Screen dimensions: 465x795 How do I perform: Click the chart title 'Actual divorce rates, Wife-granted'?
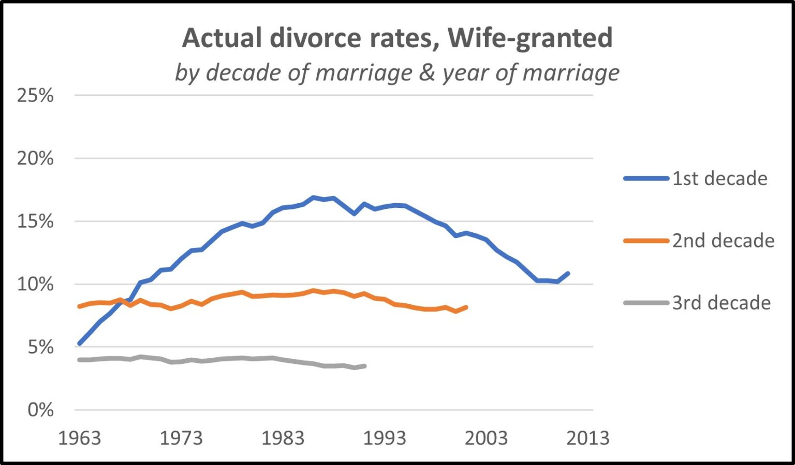pyautogui.click(x=397, y=38)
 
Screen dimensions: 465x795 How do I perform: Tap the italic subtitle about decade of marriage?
pyautogui.click(x=397, y=73)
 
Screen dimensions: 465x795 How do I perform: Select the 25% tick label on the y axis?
pyautogui.click(x=35, y=95)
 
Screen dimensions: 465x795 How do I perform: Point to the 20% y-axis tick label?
pyautogui.click(x=35, y=159)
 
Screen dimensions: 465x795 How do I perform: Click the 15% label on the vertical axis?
pyautogui.click(x=35, y=221)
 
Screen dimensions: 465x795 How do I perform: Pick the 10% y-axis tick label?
pyautogui.click(x=35, y=284)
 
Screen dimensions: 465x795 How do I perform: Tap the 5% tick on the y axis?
pyautogui.click(x=40, y=347)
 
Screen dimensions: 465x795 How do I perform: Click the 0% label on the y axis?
pyautogui.click(x=40, y=410)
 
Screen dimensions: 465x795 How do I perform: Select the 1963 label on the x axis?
pyautogui.click(x=79, y=439)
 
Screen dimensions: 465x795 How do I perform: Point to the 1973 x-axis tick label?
pyautogui.click(x=181, y=439)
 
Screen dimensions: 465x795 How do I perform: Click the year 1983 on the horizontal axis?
pyautogui.click(x=283, y=439)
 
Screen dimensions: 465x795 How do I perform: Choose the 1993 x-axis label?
pyautogui.click(x=384, y=439)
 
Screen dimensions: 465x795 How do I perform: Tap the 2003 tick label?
pyautogui.click(x=486, y=439)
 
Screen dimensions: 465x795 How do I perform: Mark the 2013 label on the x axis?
pyautogui.click(x=587, y=439)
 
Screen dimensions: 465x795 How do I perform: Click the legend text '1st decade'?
pyautogui.click(x=719, y=178)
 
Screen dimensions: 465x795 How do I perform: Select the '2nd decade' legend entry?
pyautogui.click(x=723, y=241)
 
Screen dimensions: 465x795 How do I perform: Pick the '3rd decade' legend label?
pyautogui.click(x=722, y=303)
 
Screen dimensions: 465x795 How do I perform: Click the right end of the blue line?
pyautogui.click(x=568, y=273)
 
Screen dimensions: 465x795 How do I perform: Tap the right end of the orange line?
pyautogui.click(x=466, y=307)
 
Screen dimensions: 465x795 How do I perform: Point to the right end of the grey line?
pyautogui.click(x=365, y=366)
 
